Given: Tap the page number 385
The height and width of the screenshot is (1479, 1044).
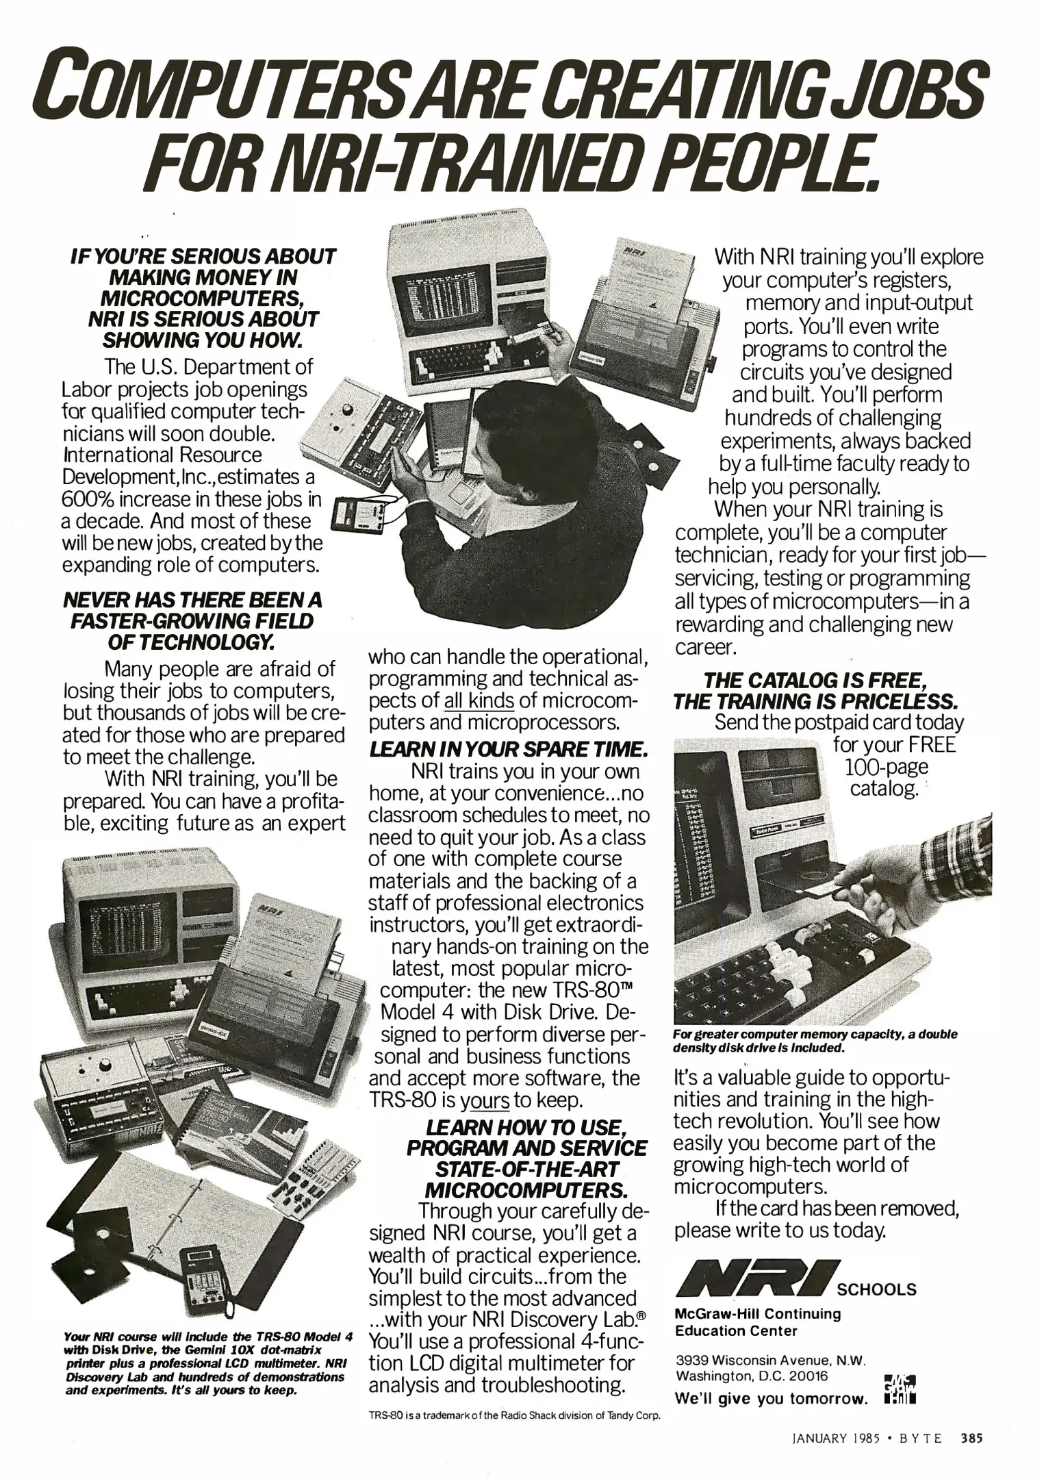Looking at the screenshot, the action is point(971,1439).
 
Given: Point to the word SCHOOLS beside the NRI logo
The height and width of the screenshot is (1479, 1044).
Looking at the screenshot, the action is point(877,1290).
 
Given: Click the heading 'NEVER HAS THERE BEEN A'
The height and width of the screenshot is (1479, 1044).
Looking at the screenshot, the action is point(192,601).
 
